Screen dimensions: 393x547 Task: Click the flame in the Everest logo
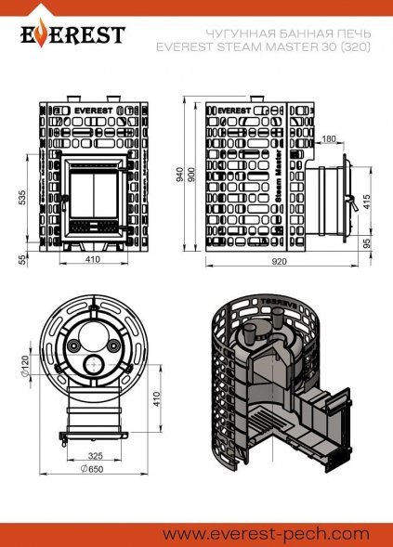(x=42, y=33)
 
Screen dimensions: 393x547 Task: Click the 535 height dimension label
(x=22, y=198)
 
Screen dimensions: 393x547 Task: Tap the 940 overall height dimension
(x=179, y=175)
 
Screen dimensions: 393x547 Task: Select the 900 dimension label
(x=191, y=175)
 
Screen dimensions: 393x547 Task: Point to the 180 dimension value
(x=329, y=139)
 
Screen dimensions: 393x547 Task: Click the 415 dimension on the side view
(x=366, y=202)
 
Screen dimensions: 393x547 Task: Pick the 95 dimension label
(x=366, y=243)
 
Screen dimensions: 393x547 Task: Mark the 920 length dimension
(x=279, y=261)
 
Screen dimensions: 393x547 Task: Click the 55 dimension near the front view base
(x=22, y=259)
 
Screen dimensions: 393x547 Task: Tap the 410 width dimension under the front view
(x=93, y=259)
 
